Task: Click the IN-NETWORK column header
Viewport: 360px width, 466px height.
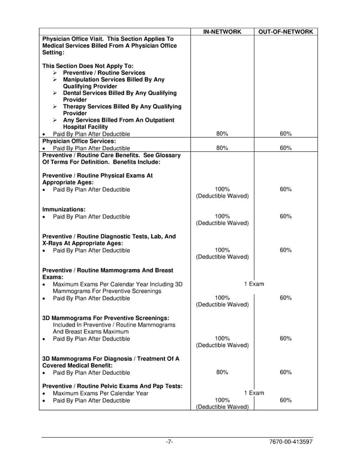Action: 222,31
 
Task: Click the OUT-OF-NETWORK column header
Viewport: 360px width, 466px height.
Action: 286,31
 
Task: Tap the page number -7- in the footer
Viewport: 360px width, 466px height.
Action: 170,443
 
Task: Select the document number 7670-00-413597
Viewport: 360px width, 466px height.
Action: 292,443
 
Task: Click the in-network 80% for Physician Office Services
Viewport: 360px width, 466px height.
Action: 222,148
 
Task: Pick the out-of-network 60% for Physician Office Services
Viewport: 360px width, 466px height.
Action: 286,148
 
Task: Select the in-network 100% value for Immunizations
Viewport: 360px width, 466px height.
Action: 222,216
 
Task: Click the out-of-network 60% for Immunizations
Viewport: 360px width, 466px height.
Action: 286,216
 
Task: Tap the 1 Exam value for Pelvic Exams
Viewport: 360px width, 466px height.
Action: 254,393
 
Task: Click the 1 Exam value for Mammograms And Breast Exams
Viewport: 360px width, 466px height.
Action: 254,284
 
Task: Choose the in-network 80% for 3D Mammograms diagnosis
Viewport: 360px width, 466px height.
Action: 222,372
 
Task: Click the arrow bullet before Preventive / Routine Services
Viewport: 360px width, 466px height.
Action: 55,73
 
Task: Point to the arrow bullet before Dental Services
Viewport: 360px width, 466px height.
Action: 55,93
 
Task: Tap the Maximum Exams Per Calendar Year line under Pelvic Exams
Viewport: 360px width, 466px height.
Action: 100,393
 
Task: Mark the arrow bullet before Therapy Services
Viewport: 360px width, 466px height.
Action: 55,107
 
